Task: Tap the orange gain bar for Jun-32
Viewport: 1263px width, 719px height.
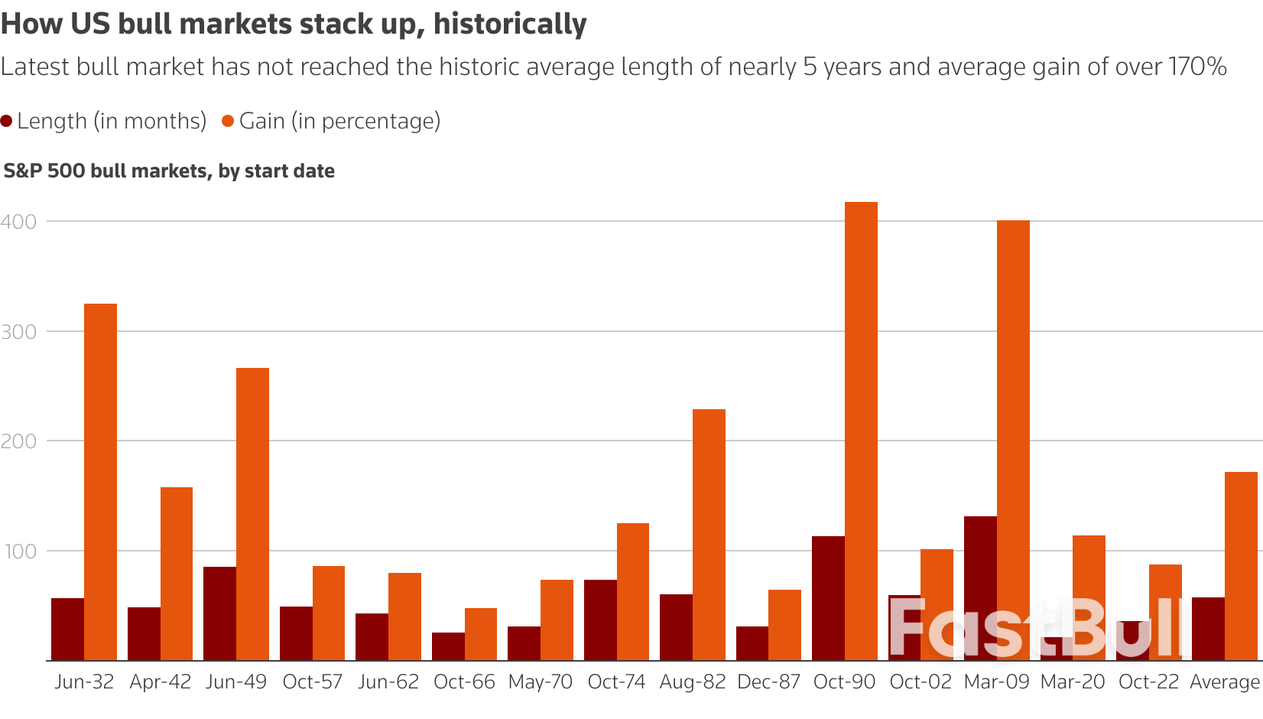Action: coord(100,482)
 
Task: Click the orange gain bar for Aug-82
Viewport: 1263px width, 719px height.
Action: coord(709,535)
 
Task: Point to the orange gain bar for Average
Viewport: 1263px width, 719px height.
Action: coord(1241,566)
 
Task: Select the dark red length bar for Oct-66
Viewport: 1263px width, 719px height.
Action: coord(448,646)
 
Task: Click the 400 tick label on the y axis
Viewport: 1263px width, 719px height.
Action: coord(19,222)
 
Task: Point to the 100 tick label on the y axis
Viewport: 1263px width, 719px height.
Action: coord(19,551)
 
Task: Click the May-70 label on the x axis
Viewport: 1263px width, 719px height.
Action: coord(541,682)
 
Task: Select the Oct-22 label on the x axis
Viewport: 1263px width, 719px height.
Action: coord(1148,682)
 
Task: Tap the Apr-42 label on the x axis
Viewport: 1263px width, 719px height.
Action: coord(161,682)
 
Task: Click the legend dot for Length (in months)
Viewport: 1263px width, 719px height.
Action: coord(7,121)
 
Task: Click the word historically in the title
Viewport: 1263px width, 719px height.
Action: coord(510,24)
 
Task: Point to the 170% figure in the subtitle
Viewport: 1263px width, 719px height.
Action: coord(1197,67)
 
